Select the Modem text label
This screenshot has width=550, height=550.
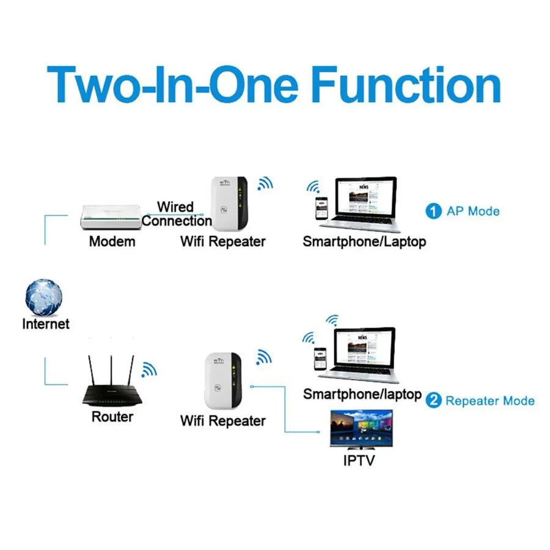[x=112, y=241]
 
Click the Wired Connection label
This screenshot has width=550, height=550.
[x=176, y=214]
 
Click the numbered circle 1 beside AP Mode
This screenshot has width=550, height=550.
[x=433, y=211]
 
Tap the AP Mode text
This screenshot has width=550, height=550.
[x=473, y=211]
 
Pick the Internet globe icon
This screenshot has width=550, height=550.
[x=44, y=298]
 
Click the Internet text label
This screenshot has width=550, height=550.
[x=46, y=324]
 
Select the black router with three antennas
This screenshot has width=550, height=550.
[x=112, y=391]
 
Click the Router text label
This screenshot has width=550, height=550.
[x=112, y=417]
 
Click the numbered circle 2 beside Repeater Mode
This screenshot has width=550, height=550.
[x=433, y=401]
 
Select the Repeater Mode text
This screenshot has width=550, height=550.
[x=490, y=401]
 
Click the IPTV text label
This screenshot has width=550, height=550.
[x=359, y=460]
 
